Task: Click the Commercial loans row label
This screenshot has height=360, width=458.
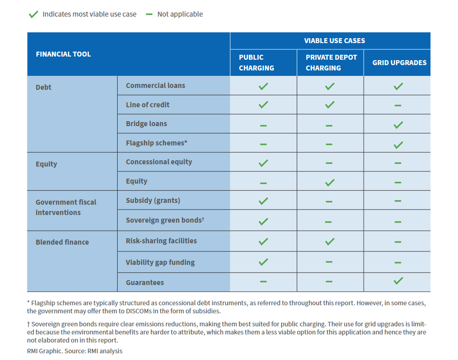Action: click(155, 85)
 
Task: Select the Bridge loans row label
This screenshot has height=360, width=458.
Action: click(146, 123)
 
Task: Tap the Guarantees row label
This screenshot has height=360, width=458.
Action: click(145, 282)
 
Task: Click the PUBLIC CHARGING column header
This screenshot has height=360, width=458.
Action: click(256, 62)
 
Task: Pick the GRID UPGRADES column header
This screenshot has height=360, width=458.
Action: click(399, 62)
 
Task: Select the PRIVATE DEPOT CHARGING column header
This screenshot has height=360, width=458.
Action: click(331, 62)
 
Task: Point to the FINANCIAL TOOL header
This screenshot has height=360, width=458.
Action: click(63, 54)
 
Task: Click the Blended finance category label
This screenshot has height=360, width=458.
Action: click(62, 242)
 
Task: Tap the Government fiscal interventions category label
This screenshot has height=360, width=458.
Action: click(66, 207)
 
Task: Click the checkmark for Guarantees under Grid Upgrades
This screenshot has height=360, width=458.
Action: click(398, 281)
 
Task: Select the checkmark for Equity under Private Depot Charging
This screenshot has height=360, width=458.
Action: click(330, 182)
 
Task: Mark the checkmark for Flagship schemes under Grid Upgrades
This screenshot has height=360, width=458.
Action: click(398, 145)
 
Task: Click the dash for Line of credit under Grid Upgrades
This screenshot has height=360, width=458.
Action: click(398, 105)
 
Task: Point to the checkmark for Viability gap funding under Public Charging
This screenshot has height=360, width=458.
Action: click(264, 262)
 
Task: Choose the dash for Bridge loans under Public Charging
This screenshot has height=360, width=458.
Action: click(264, 125)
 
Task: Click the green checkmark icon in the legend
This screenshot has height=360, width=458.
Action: click(33, 14)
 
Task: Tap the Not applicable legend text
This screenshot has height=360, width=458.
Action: click(180, 14)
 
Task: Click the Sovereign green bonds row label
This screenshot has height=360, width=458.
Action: click(165, 220)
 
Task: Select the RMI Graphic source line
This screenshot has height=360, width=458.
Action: click(75, 351)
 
